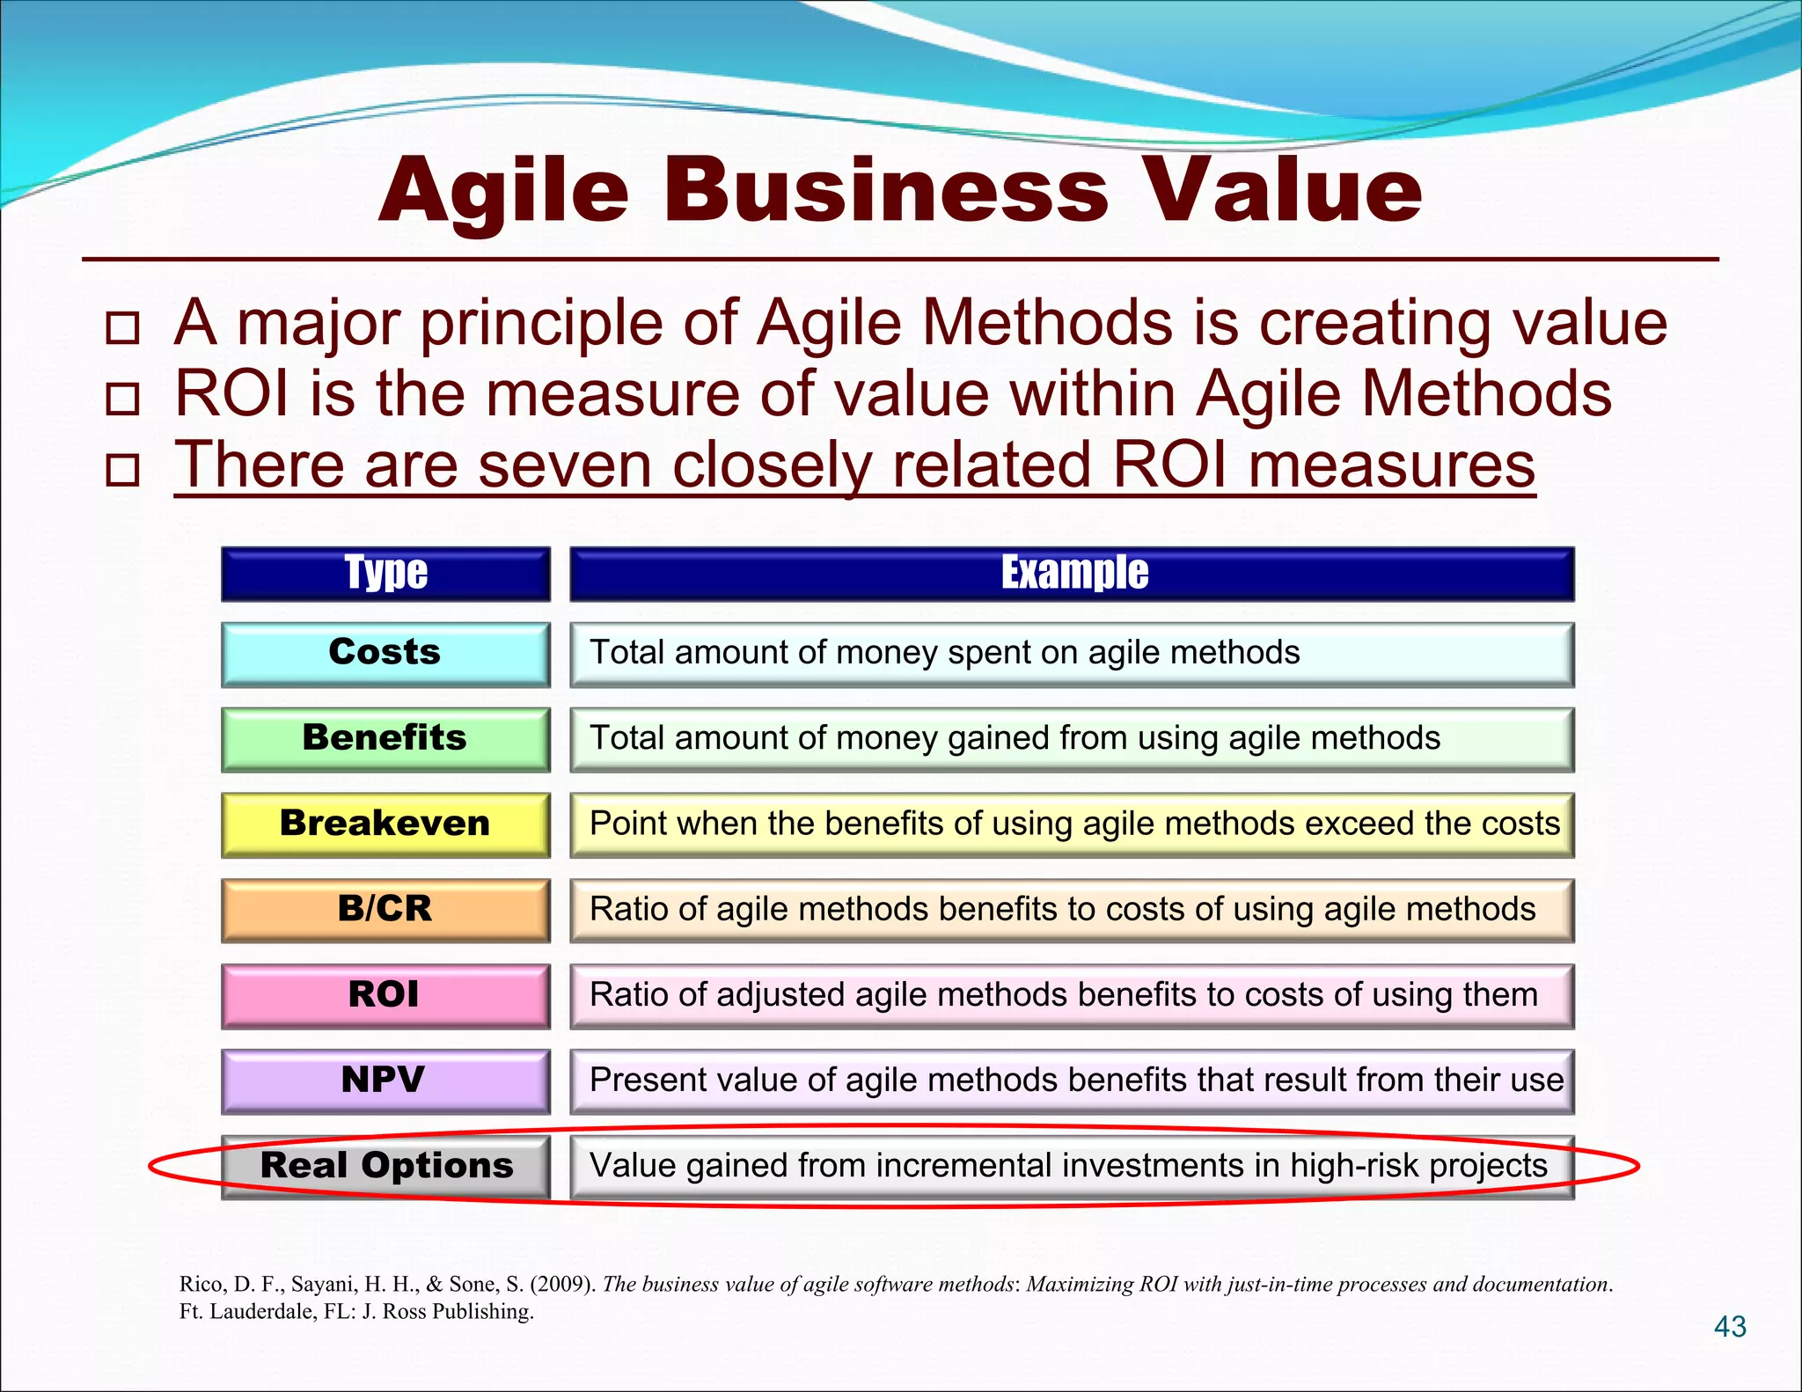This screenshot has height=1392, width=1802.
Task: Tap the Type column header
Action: click(385, 574)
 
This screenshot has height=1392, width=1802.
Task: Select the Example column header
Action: click(1073, 574)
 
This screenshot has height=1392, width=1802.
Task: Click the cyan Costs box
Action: click(385, 654)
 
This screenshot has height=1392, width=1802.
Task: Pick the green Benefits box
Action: click(385, 739)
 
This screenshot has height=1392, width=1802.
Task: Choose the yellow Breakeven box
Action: click(385, 824)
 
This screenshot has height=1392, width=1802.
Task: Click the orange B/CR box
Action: click(385, 910)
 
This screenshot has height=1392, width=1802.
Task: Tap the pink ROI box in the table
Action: click(385, 995)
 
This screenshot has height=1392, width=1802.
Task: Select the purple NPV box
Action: click(385, 1081)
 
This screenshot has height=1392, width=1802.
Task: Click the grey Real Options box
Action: click(385, 1166)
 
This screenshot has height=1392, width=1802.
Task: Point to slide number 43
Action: click(1730, 1327)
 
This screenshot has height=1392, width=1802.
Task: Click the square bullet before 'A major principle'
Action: click(122, 327)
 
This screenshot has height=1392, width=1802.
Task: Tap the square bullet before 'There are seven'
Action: click(122, 470)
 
